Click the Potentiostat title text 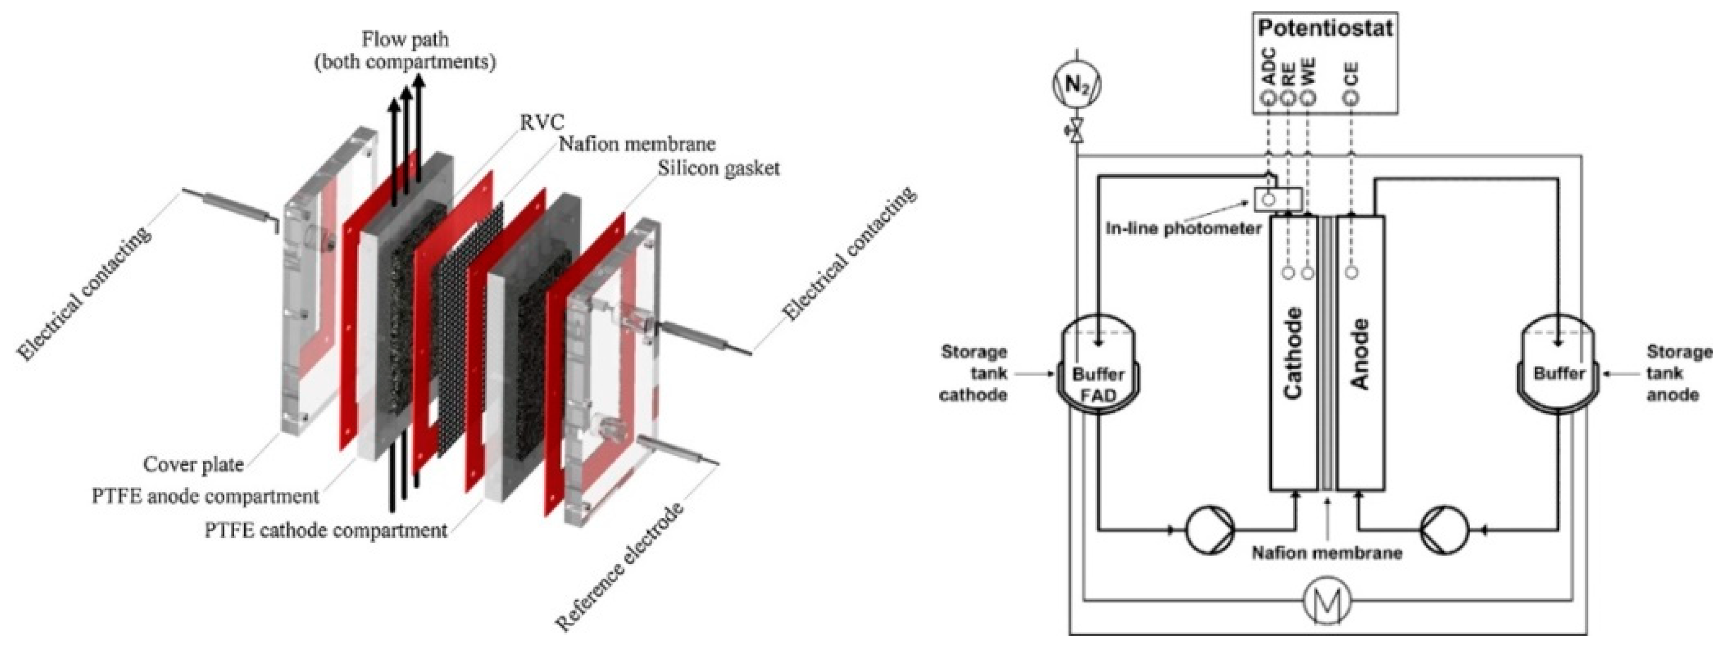point(1325,28)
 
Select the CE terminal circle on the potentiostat point(1351,98)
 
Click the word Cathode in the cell point(1293,353)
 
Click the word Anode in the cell point(1360,353)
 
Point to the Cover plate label point(193,464)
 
